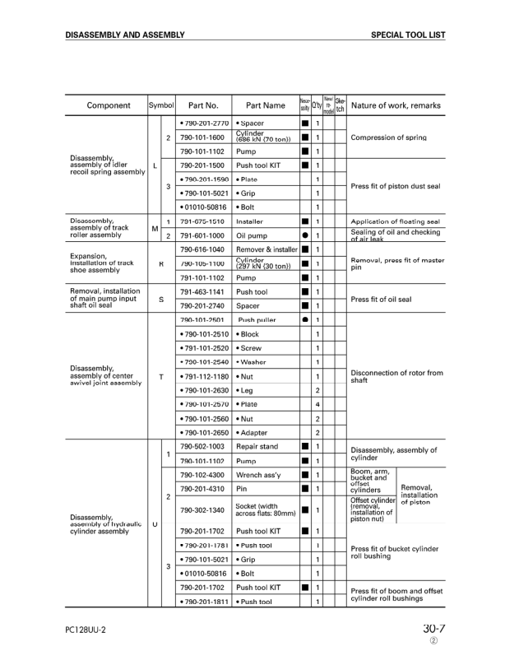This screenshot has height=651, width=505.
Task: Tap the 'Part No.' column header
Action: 203,105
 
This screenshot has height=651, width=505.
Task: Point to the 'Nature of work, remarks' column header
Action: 396,105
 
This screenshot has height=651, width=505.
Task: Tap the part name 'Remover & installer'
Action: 266,249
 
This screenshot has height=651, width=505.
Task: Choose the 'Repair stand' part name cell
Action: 257,446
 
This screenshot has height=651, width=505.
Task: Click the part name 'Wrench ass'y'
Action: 259,475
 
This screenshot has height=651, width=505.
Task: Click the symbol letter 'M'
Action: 154,228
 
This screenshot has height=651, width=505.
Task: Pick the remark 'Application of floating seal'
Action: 395,221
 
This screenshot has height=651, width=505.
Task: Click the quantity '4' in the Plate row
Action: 317,404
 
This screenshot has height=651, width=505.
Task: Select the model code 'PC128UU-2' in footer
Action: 86,630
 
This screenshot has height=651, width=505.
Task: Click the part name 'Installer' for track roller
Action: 249,221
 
